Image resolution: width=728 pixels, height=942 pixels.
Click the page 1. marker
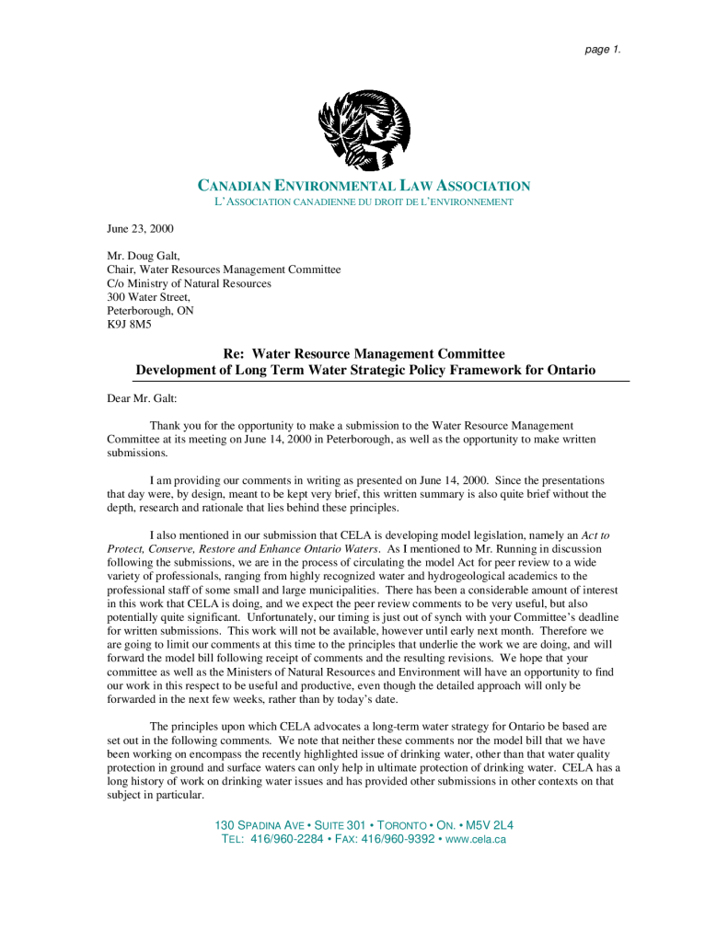[x=603, y=50]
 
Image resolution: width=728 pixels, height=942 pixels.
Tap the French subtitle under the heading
[x=357, y=201]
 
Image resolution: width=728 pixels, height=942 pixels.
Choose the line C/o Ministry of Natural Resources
[x=189, y=283]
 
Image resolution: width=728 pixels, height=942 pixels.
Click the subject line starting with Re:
[x=365, y=353]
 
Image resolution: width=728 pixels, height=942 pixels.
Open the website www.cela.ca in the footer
[x=476, y=840]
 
